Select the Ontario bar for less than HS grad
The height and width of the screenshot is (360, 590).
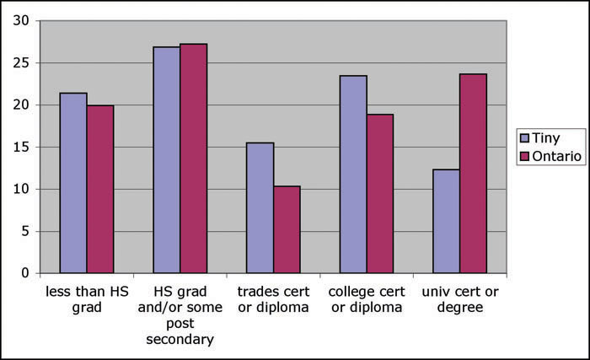coord(99,189)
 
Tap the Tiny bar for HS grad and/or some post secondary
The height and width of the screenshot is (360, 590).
coord(166,160)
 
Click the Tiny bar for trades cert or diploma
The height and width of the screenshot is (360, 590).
coord(260,207)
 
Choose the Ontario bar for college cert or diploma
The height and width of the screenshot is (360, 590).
coord(380,194)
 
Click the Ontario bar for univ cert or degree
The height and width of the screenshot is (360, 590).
coord(473,174)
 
